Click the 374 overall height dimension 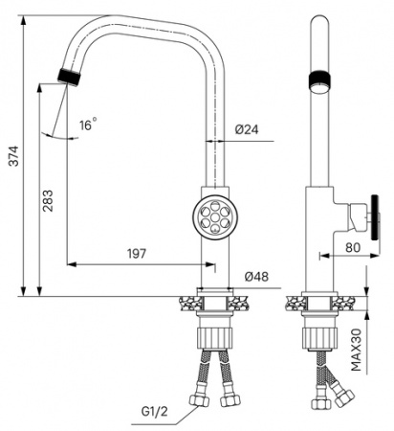coord(12,164)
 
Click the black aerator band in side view coord(318,80)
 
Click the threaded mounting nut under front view coord(214,338)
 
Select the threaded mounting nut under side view coord(317,338)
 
